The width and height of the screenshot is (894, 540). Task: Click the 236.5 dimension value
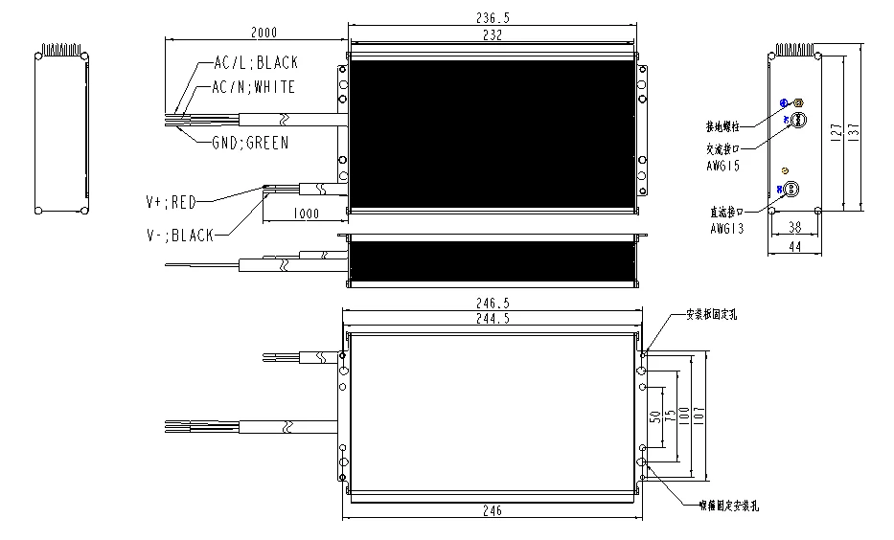coord(492,18)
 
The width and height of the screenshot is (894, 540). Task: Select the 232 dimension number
coord(492,34)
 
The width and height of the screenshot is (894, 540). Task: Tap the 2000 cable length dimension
coord(264,32)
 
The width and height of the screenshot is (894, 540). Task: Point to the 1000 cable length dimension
coord(306,214)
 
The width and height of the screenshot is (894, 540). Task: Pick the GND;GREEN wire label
coord(249,144)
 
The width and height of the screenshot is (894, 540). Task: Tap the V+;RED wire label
coord(171,201)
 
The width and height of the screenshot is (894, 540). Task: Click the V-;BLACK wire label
coord(179,236)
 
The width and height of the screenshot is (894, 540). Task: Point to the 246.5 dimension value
coord(492,303)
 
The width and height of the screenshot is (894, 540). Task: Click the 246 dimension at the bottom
coord(492,512)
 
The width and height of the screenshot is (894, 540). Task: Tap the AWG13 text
coord(727,229)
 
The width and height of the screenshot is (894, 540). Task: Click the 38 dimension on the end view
coord(794,228)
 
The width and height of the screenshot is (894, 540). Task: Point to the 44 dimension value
coord(794,247)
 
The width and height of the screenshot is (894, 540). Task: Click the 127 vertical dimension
coord(836,131)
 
